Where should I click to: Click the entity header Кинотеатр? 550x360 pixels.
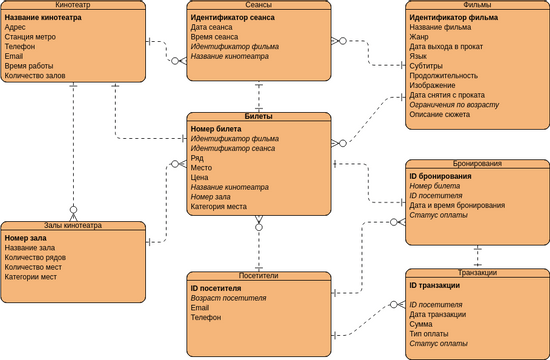(x=73, y=6)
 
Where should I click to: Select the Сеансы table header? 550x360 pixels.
(x=258, y=6)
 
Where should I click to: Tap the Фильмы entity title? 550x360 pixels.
(x=476, y=6)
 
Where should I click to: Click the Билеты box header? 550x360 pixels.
(x=258, y=117)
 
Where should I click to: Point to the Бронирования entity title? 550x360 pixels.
(x=476, y=163)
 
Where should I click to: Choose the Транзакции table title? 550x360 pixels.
(x=476, y=272)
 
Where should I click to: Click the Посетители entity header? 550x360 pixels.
(x=258, y=276)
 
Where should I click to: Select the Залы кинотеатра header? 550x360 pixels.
(x=73, y=227)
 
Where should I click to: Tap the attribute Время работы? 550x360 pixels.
(x=29, y=66)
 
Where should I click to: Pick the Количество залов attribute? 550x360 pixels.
(x=36, y=76)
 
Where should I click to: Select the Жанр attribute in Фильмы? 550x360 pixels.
(x=420, y=37)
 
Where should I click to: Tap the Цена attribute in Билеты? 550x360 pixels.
(x=199, y=177)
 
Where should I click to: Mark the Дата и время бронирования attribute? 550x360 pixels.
(x=457, y=205)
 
